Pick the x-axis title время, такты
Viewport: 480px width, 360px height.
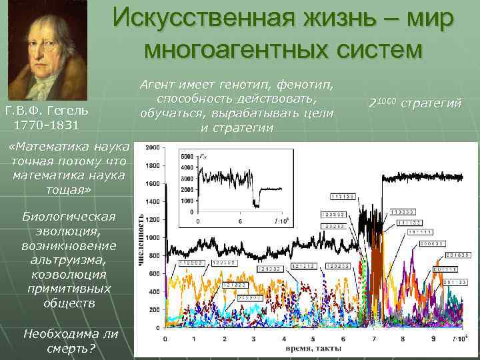click(x=313, y=349)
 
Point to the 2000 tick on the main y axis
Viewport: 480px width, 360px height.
click(x=153, y=147)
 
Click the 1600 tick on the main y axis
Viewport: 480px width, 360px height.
click(x=153, y=183)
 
